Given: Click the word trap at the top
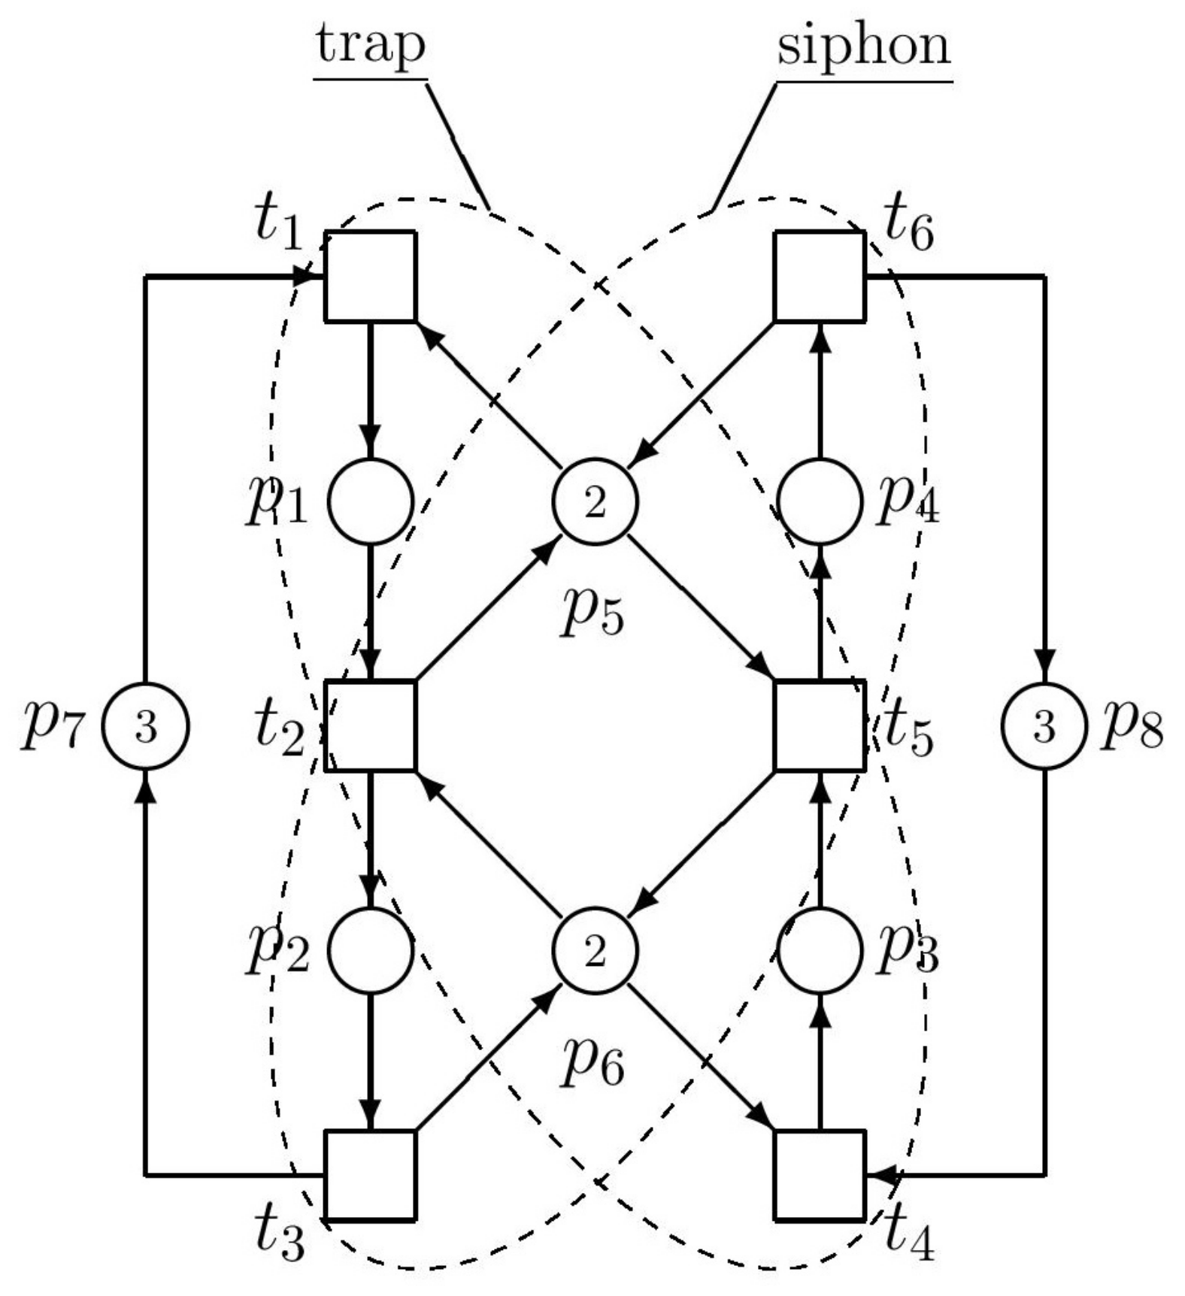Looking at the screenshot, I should click(371, 45).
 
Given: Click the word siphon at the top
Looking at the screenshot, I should click(864, 45).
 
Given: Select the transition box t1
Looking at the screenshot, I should click(370, 276).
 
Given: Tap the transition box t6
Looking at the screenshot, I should click(820, 276).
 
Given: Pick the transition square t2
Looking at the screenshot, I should click(370, 725).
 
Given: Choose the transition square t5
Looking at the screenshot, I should click(820, 725).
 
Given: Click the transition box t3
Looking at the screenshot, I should click(370, 1174).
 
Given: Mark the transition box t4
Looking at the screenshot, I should click(820, 1174).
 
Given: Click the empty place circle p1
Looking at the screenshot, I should click(371, 501).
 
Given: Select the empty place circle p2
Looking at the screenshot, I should click(371, 950).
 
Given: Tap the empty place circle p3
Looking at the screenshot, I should click(820, 950).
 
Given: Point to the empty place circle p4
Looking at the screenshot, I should click(820, 501).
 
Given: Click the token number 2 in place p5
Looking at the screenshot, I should click(595, 502).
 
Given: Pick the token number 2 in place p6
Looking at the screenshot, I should click(595, 952).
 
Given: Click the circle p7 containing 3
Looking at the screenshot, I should click(145, 726).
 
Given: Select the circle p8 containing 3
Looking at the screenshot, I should click(1044, 726).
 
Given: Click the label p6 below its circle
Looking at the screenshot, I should click(592, 1062).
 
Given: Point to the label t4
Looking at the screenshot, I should click(908, 1234).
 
